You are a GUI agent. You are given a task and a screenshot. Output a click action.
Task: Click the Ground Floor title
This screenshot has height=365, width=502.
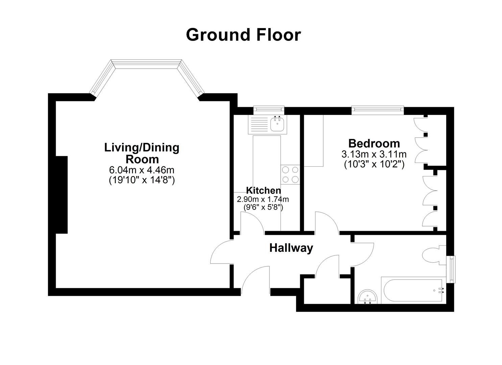(x=243, y=35)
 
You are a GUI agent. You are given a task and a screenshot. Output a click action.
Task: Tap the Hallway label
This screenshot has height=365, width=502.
(x=291, y=248)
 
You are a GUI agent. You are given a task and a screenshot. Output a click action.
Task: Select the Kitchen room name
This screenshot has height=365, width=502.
(x=264, y=191)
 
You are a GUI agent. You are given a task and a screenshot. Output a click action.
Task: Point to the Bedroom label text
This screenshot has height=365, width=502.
(x=374, y=143)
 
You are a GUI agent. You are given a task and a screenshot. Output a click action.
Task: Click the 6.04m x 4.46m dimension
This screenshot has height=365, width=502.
(x=142, y=170)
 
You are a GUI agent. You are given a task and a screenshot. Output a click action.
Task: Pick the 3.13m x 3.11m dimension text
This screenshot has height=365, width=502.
(x=374, y=154)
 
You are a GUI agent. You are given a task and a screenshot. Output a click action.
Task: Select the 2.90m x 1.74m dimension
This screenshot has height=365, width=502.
(x=263, y=199)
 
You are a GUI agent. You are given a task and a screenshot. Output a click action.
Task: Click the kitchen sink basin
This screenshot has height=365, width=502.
(x=278, y=124)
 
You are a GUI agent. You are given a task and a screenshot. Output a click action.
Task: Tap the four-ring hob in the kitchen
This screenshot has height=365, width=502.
(x=290, y=174)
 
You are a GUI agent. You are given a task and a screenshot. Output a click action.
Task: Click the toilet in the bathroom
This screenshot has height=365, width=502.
(x=434, y=255)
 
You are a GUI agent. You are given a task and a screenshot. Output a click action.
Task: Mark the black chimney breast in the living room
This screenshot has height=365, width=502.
(x=62, y=195)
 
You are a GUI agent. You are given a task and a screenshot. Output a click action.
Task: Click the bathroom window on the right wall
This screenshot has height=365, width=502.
(x=451, y=269)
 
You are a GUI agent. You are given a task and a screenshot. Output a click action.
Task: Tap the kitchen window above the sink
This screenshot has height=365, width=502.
(x=269, y=110)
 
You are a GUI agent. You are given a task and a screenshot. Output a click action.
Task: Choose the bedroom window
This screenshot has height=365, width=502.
(x=378, y=110)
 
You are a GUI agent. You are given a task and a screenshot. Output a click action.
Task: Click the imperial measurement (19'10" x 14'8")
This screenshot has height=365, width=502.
(x=142, y=180)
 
